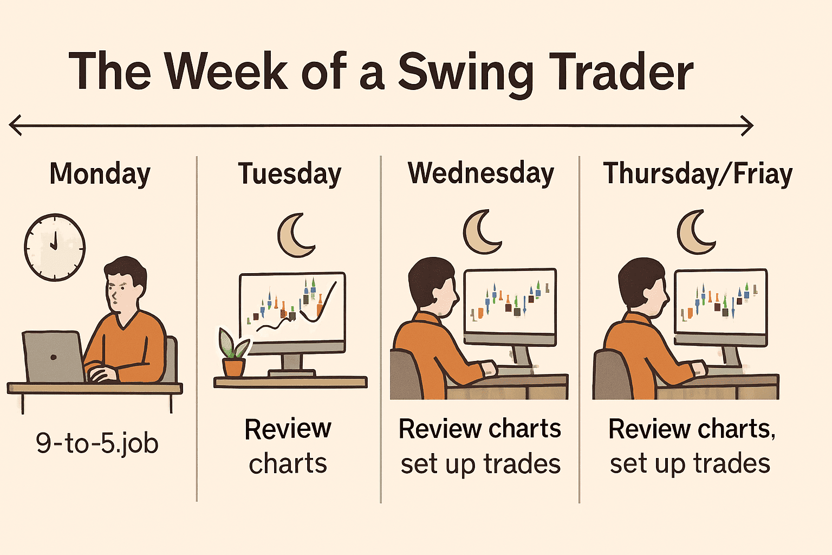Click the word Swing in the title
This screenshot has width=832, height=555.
(x=466, y=73)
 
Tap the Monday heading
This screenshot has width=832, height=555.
(x=100, y=173)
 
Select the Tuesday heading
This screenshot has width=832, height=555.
(x=289, y=173)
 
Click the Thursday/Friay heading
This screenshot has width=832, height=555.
(x=698, y=173)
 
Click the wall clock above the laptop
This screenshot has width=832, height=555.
(x=55, y=247)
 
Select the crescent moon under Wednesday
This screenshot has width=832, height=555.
(x=482, y=232)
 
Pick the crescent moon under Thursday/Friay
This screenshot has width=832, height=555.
(x=695, y=232)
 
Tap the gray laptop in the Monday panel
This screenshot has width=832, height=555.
(x=54, y=357)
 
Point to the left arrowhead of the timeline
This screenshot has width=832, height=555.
(x=15, y=125)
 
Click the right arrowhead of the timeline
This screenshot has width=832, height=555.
(x=747, y=126)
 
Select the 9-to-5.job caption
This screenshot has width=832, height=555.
(x=97, y=443)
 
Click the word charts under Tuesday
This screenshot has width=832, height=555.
(x=288, y=463)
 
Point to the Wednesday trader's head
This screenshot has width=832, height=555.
(x=433, y=286)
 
